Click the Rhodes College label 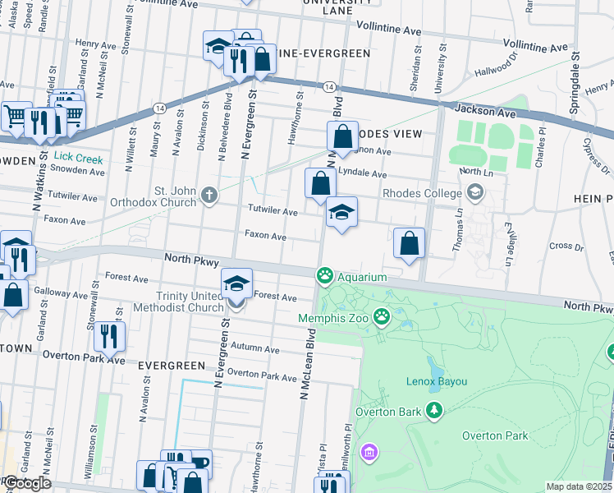[x=422, y=193]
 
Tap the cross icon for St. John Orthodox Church [x=209, y=196]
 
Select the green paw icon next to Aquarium [x=326, y=275]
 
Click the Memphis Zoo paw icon [x=382, y=315]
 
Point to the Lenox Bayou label [x=438, y=381]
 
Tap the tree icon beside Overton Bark [x=434, y=410]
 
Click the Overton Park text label [x=494, y=435]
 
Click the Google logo [x=26, y=483]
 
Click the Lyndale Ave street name [x=362, y=174]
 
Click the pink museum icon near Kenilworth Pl [x=369, y=452]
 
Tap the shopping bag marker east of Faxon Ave [x=409, y=243]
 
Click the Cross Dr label [x=566, y=246]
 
